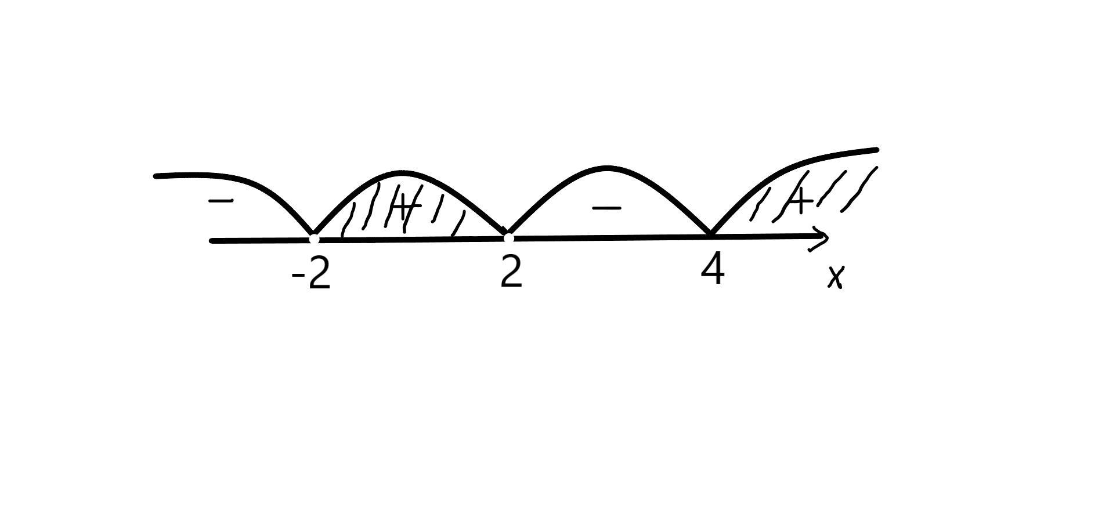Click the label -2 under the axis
click(312, 273)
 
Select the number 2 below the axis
click(511, 272)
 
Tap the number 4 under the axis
click(713, 269)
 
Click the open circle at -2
click(314, 238)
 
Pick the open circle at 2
click(508, 238)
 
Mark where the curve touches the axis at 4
click(711, 235)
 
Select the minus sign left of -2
click(221, 201)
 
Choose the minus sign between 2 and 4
click(607, 207)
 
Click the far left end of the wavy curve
click(156, 176)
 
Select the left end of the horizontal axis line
click(212, 241)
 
